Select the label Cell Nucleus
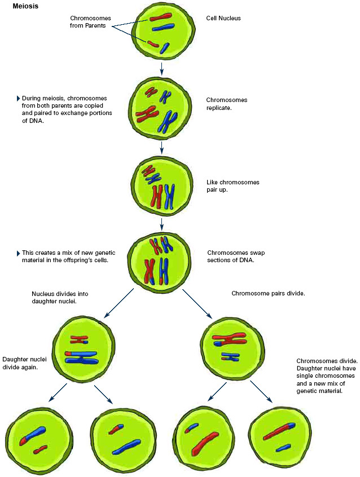(224, 19)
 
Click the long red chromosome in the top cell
(160, 19)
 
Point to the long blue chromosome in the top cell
(163, 27)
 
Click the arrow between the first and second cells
(162, 68)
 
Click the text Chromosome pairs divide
(268, 293)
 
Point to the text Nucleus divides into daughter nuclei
(60, 298)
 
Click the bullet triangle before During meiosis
(18, 98)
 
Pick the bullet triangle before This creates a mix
(18, 253)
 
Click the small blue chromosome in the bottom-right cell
(283, 448)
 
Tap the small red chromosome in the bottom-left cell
(39, 449)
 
